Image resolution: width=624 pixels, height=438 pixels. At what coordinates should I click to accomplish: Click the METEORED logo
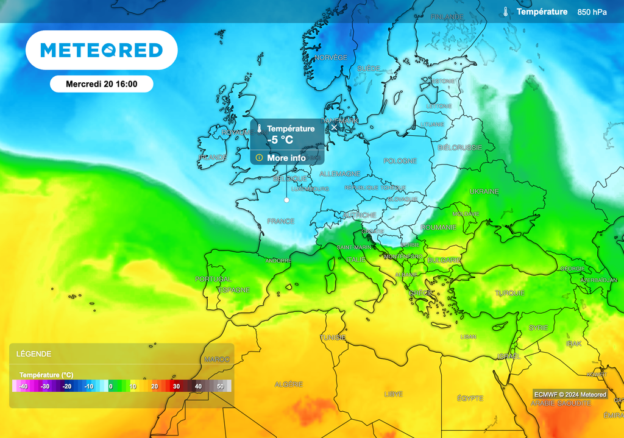[101, 50]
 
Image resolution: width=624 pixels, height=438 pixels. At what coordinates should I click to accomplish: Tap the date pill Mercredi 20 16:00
[101, 84]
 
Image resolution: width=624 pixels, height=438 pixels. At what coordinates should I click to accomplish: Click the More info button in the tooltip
[286, 158]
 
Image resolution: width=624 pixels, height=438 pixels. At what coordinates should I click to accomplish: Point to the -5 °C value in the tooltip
[280, 140]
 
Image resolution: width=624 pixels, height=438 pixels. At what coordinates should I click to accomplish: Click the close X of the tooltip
[333, 128]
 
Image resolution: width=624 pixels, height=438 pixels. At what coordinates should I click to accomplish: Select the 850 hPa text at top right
[592, 12]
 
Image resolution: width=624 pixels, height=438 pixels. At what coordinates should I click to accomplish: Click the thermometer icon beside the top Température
[506, 12]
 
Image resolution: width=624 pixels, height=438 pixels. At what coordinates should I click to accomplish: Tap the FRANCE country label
[280, 221]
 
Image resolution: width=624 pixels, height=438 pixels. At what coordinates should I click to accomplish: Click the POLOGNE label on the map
[400, 161]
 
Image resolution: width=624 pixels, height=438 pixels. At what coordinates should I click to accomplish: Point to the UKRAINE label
[484, 191]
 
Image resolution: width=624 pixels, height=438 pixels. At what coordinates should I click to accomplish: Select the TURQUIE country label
[509, 293]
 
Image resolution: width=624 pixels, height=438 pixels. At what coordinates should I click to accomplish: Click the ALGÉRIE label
[288, 384]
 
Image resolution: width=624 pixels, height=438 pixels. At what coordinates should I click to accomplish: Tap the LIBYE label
[393, 394]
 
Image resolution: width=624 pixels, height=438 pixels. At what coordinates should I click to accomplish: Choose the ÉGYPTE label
[470, 398]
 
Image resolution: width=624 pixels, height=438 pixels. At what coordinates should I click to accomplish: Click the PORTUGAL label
[213, 279]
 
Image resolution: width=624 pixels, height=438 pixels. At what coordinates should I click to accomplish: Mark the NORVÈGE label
[331, 57]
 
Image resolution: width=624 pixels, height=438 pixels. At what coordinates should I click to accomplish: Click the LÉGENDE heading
[34, 354]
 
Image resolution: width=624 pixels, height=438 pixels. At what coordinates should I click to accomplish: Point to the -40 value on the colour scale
[23, 386]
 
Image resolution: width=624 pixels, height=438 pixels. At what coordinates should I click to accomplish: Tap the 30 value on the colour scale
[176, 386]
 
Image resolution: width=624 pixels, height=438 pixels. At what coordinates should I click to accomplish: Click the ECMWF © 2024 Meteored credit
[570, 394]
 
